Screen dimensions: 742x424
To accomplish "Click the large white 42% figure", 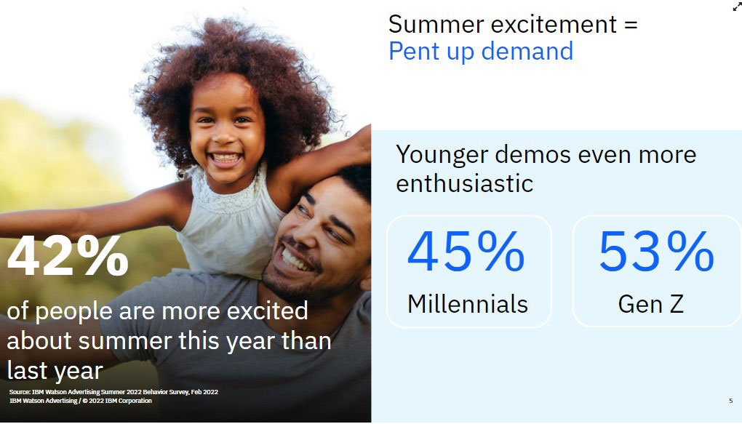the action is [x=68, y=256].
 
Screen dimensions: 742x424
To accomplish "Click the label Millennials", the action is [x=468, y=304].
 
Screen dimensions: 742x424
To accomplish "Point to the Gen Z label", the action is [x=650, y=304].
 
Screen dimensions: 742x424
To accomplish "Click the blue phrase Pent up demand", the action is [x=481, y=51].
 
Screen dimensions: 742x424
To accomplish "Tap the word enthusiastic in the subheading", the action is [x=465, y=183].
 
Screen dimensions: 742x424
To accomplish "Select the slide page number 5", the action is [x=730, y=401].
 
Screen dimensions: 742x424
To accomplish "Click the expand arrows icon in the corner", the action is [x=737, y=6].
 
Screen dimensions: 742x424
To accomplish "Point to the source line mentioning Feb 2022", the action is [x=113, y=392].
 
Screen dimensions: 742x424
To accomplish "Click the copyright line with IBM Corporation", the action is [x=81, y=401].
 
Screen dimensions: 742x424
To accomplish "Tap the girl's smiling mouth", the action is [x=226, y=159].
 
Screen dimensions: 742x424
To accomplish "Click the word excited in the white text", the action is [x=268, y=311].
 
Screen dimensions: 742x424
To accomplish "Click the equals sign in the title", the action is [x=631, y=25].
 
